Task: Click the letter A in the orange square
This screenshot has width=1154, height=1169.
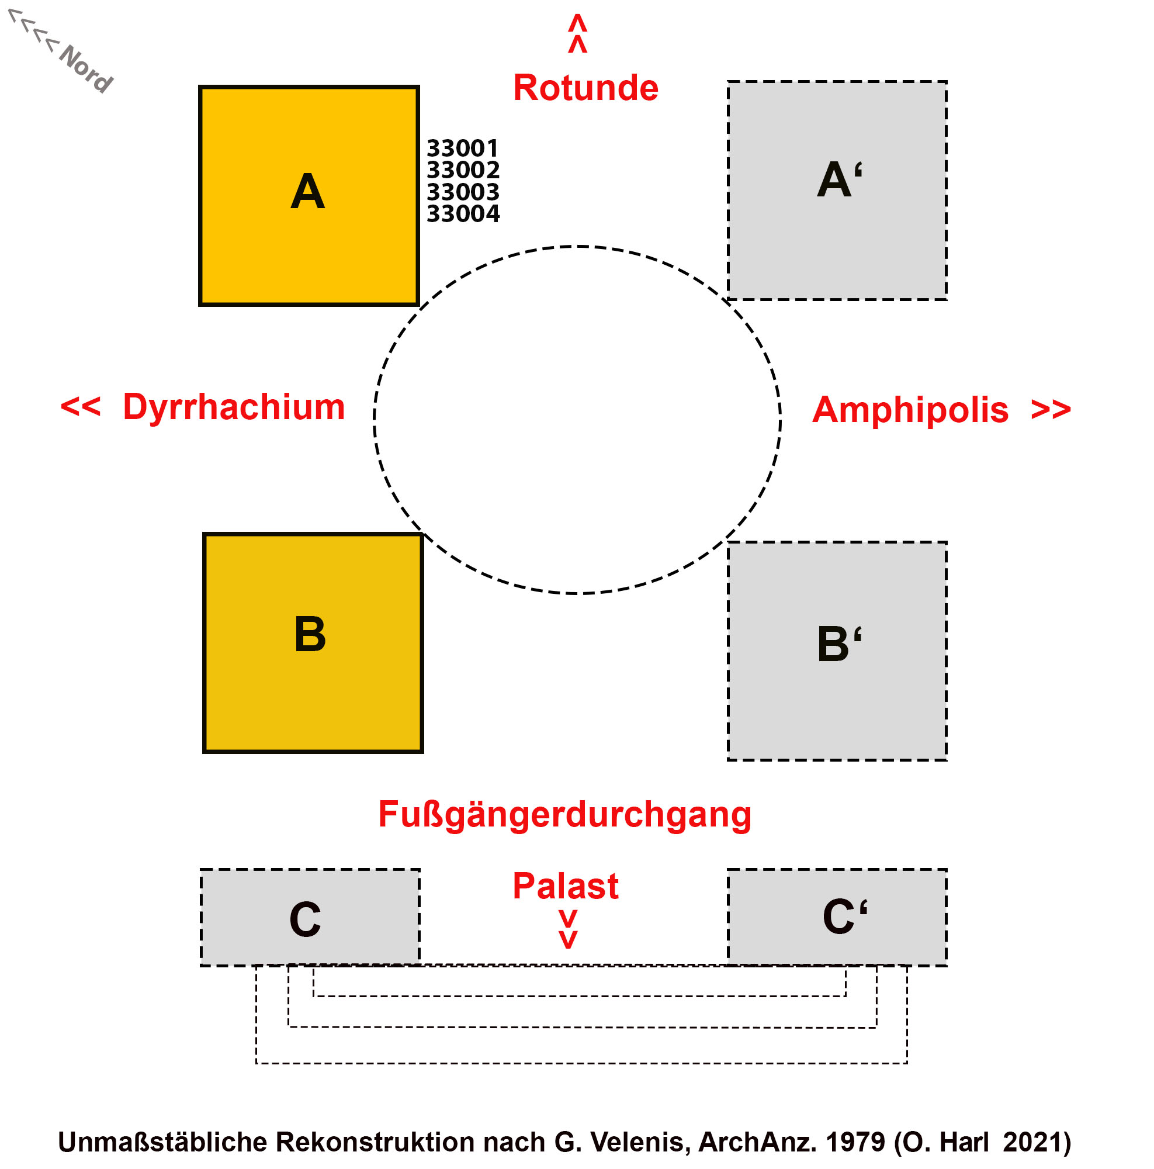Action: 307,192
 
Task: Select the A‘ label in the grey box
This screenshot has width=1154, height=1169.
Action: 839,179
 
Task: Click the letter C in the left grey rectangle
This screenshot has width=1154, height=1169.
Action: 305,919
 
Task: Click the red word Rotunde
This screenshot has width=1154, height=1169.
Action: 585,88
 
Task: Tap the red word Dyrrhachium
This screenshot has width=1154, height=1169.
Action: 234,407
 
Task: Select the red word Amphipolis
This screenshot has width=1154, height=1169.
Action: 910,410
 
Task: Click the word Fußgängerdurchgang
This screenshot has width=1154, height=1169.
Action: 564,814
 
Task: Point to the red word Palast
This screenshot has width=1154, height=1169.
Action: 565,886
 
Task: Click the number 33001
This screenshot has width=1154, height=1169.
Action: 462,148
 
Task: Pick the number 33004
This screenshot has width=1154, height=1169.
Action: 463,213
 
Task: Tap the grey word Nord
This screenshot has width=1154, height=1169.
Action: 86,68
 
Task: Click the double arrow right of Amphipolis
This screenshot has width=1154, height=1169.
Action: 1051,410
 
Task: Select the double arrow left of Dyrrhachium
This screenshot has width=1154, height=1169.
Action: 81,406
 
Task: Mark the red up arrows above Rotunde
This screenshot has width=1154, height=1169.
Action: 578,33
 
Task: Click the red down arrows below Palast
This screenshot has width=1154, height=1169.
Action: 567,929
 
